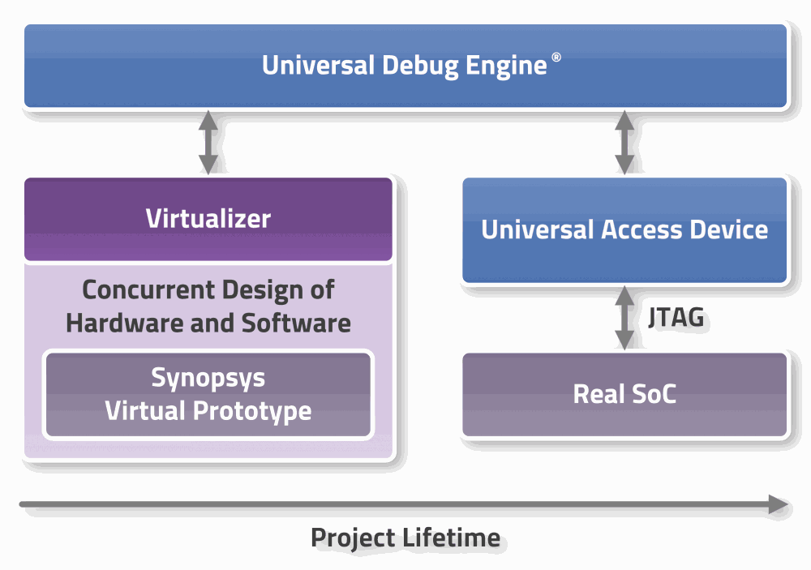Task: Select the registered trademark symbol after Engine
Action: (556, 58)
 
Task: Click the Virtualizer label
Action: (208, 218)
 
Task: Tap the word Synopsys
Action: (208, 377)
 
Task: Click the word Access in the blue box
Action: (642, 229)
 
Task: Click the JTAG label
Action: (676, 317)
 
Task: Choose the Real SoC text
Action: (624, 394)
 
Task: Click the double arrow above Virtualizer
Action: (208, 142)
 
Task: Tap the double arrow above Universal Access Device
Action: (624, 142)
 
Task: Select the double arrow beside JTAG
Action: (624, 317)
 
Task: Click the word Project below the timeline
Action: (352, 538)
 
